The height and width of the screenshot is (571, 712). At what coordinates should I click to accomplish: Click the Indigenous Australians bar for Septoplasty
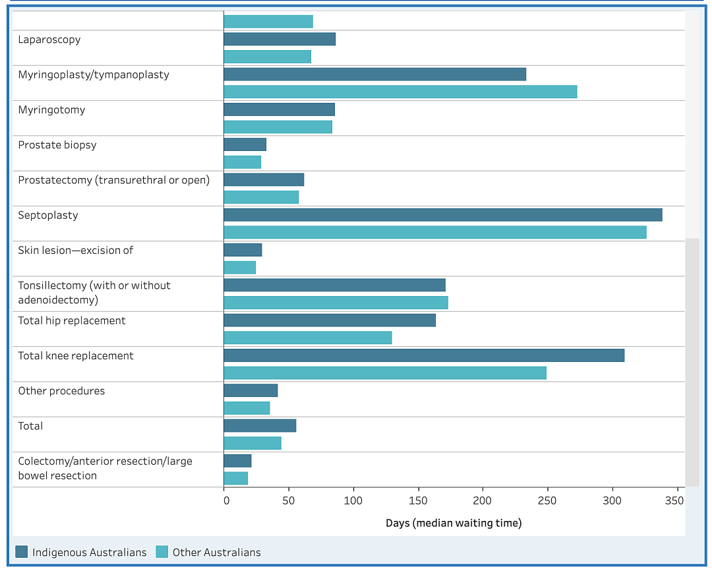(x=443, y=215)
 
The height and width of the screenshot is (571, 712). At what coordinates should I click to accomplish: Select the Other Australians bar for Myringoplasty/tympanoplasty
(x=401, y=92)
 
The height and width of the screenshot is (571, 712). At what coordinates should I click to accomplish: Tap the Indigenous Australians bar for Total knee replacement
(x=424, y=355)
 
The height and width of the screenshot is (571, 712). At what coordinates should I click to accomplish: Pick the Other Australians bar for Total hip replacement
(x=308, y=338)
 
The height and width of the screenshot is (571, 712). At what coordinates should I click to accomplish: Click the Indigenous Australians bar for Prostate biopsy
(x=245, y=144)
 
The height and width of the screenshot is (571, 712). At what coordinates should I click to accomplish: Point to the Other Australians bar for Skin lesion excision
(x=240, y=268)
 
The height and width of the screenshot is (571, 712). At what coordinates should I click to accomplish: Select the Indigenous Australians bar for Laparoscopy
(x=280, y=39)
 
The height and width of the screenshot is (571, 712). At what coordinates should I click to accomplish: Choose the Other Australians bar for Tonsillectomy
(x=336, y=303)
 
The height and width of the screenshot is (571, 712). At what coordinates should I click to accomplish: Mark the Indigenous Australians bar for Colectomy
(x=237, y=461)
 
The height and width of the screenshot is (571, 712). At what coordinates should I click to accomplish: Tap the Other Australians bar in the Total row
(x=252, y=443)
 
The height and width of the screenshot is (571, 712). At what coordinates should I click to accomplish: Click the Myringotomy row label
(x=52, y=110)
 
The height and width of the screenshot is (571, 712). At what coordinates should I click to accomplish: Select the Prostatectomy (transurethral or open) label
(x=114, y=181)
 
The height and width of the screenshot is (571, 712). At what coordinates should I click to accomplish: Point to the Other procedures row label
(x=61, y=391)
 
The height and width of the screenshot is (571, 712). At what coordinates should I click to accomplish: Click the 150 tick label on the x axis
(x=418, y=500)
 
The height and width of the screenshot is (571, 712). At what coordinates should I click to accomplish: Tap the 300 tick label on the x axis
(x=612, y=500)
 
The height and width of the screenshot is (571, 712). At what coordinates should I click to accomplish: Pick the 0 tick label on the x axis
(x=227, y=500)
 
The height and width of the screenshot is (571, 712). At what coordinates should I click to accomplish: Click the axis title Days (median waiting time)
(x=454, y=524)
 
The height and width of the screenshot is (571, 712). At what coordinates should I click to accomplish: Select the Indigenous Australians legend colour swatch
(x=21, y=552)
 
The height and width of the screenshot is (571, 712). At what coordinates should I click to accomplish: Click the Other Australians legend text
(x=217, y=553)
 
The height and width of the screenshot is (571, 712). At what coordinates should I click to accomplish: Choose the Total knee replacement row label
(x=76, y=356)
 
